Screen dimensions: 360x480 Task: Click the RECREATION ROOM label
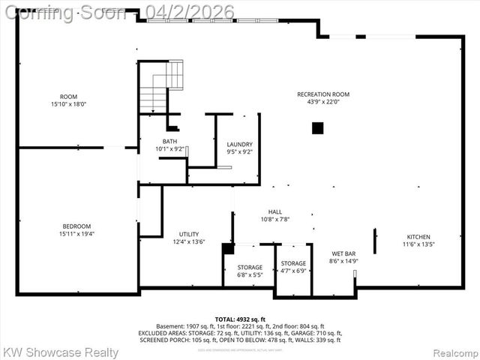click(x=323, y=94)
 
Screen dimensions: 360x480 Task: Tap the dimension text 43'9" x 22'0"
click(x=323, y=103)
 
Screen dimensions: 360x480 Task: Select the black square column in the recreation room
click(x=318, y=127)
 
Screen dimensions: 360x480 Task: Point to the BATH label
click(x=170, y=142)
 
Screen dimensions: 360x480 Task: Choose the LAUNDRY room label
click(x=239, y=144)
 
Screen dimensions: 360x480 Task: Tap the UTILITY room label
click(x=189, y=234)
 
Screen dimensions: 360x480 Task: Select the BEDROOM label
click(x=76, y=226)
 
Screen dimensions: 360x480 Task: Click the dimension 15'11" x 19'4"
click(x=76, y=235)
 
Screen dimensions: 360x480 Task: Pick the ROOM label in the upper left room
click(x=68, y=96)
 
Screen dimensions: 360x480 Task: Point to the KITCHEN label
click(x=418, y=236)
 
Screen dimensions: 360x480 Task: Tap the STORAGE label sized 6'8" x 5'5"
click(x=250, y=267)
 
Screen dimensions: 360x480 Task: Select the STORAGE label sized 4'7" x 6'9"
click(x=293, y=263)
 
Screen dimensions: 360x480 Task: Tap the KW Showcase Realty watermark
click(x=60, y=352)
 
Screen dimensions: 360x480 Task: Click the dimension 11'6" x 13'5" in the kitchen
click(x=418, y=244)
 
